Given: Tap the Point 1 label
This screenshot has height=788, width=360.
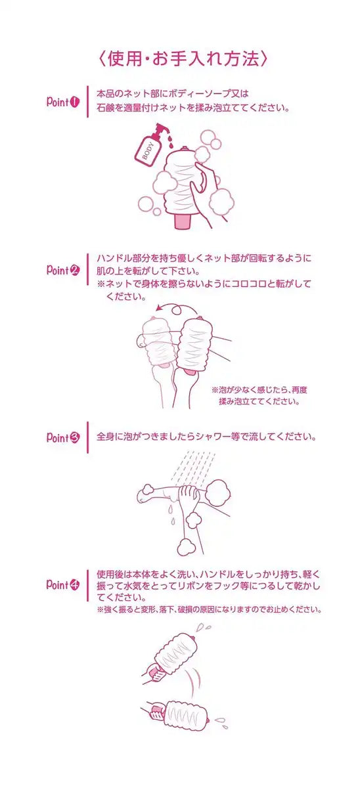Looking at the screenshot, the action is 63,102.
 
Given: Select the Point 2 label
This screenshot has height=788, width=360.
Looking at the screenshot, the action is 63,270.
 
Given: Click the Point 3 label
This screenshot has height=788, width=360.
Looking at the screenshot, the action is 63,437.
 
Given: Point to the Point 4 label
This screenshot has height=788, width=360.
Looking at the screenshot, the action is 63,584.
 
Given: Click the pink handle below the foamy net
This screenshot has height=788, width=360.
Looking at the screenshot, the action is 184,221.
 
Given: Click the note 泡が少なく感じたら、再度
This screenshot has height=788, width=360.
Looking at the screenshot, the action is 259,390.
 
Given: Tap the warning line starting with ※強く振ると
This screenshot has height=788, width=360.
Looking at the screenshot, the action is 210,609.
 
